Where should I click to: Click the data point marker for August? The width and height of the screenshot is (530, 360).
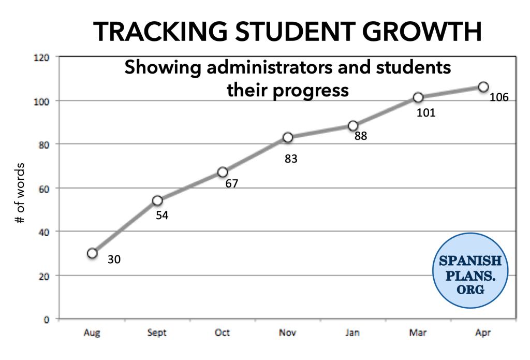point(92,253)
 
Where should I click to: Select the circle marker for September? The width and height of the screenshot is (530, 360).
point(157,200)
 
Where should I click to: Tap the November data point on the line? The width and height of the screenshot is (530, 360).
point(288,137)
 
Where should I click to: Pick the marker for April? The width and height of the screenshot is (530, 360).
point(483,87)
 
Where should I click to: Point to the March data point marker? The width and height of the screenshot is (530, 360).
point(418,97)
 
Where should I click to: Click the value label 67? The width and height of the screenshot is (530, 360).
point(231,183)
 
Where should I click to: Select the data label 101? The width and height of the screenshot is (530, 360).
point(426,112)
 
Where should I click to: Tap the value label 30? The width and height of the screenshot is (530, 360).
point(114,259)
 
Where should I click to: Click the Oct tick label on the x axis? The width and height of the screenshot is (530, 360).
point(223,332)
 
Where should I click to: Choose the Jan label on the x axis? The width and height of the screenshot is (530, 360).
point(352,332)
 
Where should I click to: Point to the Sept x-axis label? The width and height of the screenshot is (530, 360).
point(157,332)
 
